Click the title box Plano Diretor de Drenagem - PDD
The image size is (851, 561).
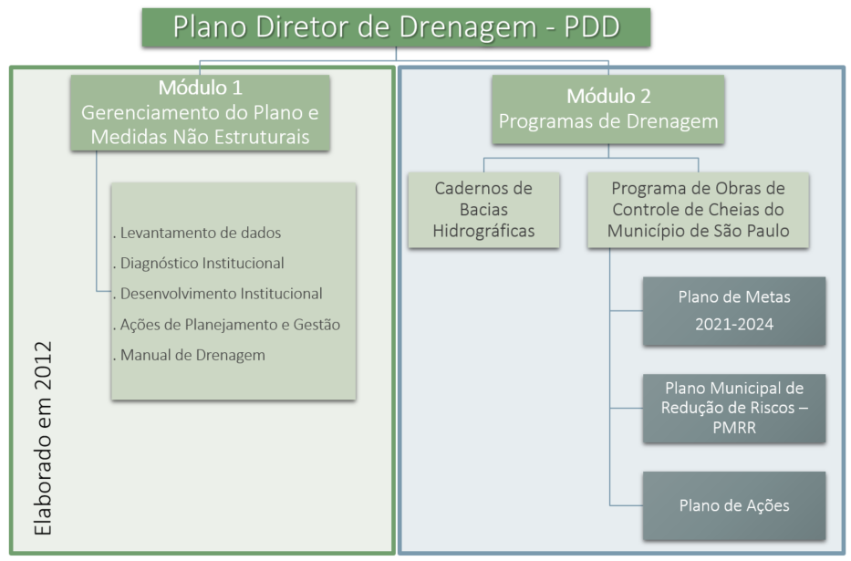pos(396,27)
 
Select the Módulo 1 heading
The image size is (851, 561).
pos(201,88)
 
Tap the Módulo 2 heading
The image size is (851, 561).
pos(608,96)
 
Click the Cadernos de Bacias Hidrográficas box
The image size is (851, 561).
pos(483,210)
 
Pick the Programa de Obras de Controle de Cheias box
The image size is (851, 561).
pos(698,210)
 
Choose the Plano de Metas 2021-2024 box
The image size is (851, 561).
pos(734,311)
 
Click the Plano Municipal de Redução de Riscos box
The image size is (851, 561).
pos(734,408)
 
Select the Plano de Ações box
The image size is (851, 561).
pos(734,505)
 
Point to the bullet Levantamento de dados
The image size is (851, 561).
pos(197,233)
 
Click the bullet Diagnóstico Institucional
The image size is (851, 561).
pos(199,263)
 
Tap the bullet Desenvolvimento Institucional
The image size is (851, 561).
pos(218,294)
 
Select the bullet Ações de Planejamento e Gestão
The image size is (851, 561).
pos(227,325)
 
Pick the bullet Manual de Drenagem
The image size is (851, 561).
pos(190,355)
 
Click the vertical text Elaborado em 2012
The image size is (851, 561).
pos(43,439)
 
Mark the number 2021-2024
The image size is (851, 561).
pos(734,325)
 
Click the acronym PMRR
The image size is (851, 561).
pos(734,428)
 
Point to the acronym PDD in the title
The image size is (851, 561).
pos(592,26)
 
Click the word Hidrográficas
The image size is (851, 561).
pos(483,231)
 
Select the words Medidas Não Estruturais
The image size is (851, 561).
pos(201,137)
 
